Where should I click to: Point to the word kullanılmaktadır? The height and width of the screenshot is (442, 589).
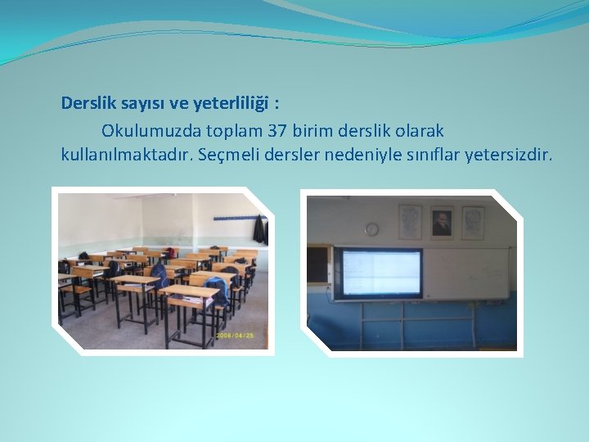(124, 154)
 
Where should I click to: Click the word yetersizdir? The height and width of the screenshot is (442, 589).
(508, 154)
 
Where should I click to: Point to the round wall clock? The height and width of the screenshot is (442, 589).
(371, 229)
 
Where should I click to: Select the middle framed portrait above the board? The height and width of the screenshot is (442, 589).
(442, 222)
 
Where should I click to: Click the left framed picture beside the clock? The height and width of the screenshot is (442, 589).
(410, 221)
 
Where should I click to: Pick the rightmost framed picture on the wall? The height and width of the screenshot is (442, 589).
(473, 222)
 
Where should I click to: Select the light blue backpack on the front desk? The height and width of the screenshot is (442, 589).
(217, 289)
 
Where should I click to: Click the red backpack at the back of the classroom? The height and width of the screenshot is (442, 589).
(169, 252)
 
